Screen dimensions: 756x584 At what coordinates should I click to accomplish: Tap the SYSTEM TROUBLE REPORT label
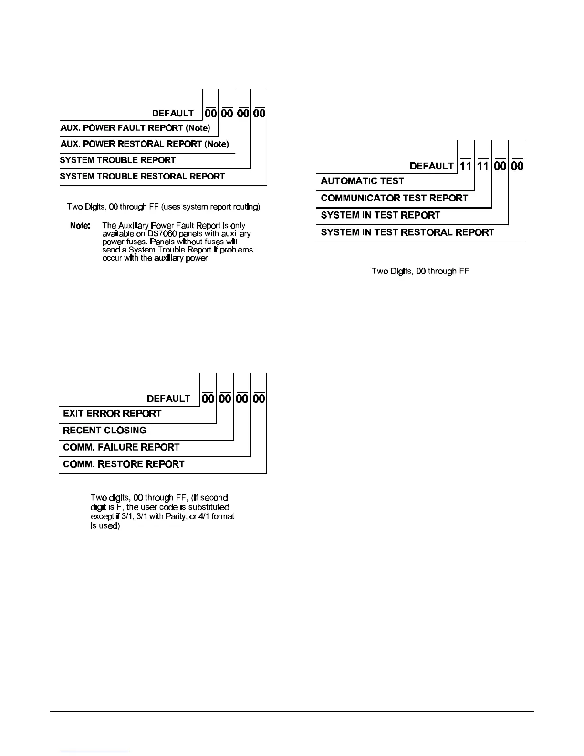click(x=118, y=160)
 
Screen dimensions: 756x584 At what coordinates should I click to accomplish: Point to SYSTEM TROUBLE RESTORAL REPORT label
click(x=142, y=177)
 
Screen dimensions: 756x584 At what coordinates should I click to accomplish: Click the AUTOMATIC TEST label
click(x=362, y=181)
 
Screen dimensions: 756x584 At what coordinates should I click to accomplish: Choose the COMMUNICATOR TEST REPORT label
click(x=394, y=198)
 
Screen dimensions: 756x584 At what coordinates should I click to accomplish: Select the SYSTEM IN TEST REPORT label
click(x=380, y=215)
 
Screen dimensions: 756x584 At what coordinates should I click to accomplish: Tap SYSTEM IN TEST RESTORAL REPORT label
click(x=407, y=232)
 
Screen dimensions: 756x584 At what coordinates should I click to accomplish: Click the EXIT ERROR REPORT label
click(x=112, y=414)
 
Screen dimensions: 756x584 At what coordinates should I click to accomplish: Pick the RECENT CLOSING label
click(x=104, y=430)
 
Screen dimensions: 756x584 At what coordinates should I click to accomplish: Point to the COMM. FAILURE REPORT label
click(x=121, y=447)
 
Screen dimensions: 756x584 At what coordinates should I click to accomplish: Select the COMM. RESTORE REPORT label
click(x=124, y=464)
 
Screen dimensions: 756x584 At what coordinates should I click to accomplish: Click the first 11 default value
click(x=466, y=166)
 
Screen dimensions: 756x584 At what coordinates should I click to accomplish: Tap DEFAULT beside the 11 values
click(x=432, y=166)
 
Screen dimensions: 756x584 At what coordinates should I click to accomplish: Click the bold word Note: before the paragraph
click(x=80, y=225)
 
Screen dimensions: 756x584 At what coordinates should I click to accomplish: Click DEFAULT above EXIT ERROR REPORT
click(x=168, y=399)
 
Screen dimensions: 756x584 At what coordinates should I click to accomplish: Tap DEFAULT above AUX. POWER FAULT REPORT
click(x=173, y=114)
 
